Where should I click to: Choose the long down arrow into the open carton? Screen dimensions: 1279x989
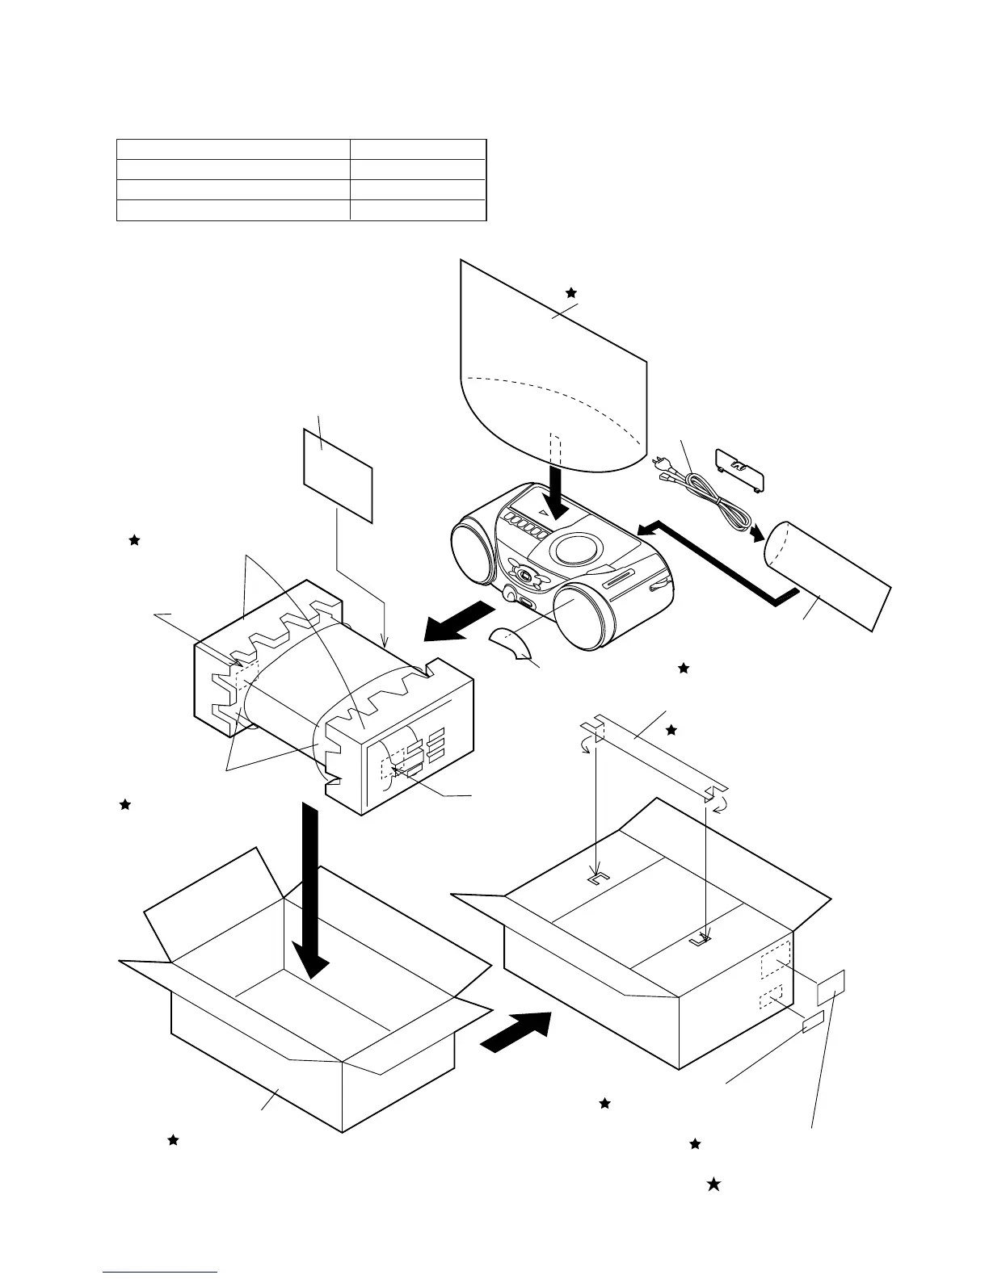tap(310, 896)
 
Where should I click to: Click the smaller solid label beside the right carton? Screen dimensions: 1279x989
tap(812, 1022)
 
